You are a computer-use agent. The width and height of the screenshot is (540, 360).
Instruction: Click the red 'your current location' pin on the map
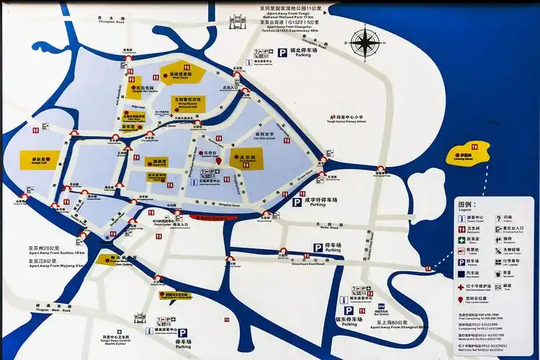[x=220, y=162]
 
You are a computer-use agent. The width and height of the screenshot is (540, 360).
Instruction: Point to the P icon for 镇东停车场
[x=348, y=310]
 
